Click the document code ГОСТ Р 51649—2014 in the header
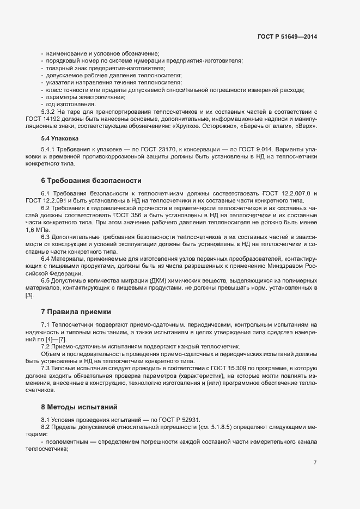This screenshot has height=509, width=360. point(286,37)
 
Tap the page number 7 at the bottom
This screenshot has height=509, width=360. point(315,463)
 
